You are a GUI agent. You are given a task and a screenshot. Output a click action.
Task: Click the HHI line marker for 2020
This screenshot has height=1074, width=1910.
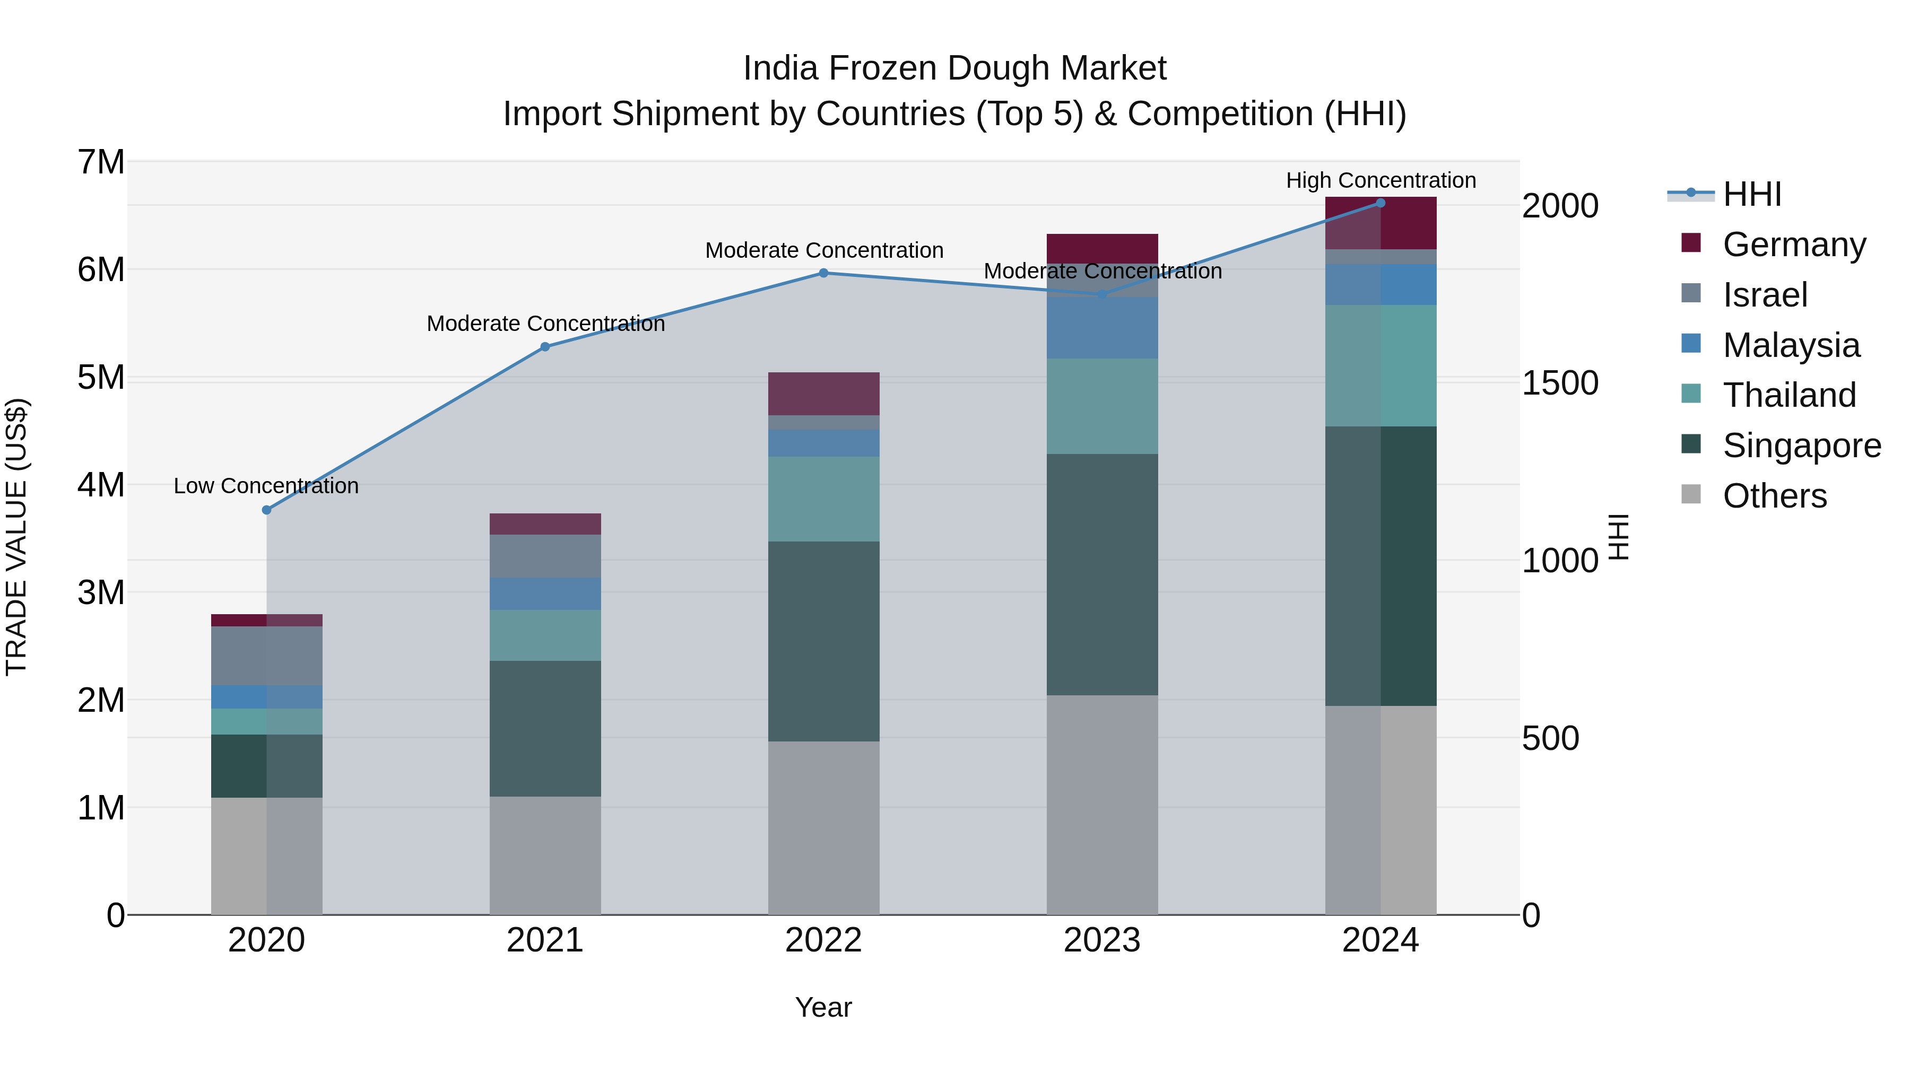(x=267, y=510)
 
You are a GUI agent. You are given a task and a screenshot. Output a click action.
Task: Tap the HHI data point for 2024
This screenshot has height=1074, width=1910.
(x=1381, y=203)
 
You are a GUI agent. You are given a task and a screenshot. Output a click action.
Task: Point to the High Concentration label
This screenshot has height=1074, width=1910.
(x=1381, y=181)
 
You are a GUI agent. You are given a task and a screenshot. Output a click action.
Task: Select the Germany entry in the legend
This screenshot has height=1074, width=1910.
(x=1794, y=245)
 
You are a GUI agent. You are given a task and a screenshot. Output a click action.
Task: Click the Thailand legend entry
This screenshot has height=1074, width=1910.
(x=1789, y=395)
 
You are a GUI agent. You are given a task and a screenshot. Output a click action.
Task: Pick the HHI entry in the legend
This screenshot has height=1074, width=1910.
(x=1751, y=194)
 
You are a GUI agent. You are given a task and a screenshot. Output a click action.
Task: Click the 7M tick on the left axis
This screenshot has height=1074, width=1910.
(x=101, y=162)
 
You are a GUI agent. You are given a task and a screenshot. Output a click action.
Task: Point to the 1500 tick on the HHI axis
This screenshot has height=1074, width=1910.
(x=1559, y=383)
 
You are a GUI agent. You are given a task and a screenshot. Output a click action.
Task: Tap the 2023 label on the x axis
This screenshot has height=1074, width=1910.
(x=1102, y=940)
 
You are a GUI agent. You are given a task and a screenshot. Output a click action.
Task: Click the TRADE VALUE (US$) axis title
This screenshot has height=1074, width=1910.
(x=16, y=537)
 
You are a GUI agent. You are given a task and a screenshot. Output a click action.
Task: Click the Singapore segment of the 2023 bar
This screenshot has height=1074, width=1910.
(x=1102, y=574)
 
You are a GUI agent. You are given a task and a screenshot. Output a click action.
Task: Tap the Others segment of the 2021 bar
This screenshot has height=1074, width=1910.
(x=545, y=855)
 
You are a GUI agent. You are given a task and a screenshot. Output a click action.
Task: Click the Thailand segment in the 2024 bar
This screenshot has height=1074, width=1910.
(x=1381, y=365)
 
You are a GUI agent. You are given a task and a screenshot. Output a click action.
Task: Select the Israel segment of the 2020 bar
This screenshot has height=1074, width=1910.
(x=267, y=656)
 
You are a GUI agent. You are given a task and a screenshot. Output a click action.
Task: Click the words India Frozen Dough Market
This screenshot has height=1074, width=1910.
(x=954, y=68)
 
